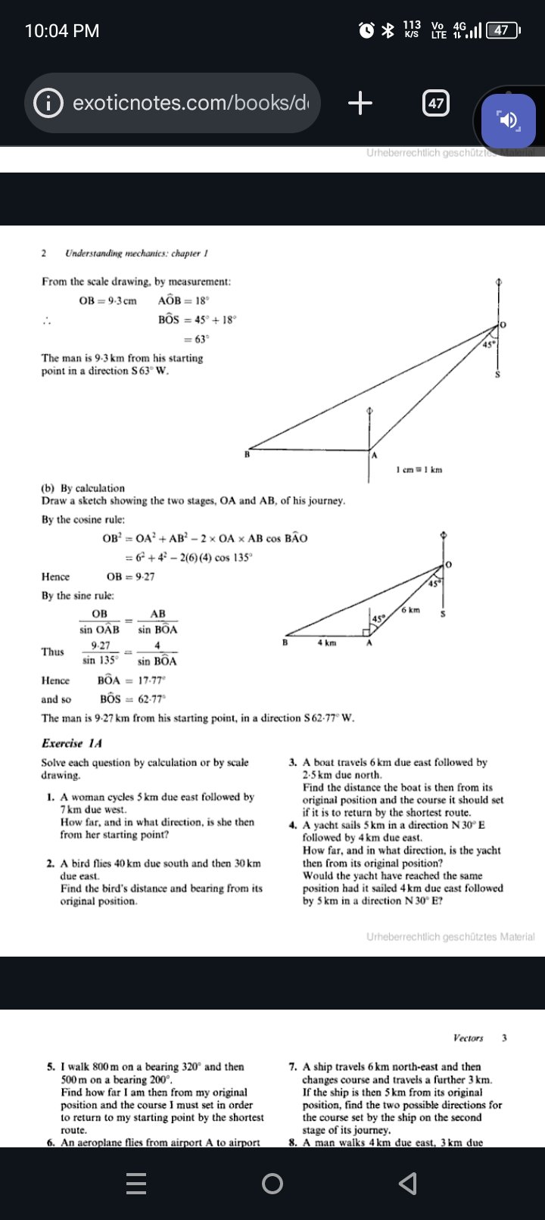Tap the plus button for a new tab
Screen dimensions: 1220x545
360,102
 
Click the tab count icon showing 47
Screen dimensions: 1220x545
435,103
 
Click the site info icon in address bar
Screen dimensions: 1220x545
48,103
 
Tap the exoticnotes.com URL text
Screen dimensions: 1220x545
190,103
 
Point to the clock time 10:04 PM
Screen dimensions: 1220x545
62,30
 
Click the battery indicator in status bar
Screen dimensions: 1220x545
503,30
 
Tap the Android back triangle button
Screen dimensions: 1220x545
407,1183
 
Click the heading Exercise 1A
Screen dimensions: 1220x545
72,743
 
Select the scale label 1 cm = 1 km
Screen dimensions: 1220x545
419,470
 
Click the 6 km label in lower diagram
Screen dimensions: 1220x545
411,609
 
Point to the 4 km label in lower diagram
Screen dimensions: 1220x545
326,642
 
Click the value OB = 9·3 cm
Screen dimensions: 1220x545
107,300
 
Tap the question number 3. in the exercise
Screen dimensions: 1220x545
293,763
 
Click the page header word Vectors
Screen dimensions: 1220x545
468,1038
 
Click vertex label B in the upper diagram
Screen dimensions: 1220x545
246,455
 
